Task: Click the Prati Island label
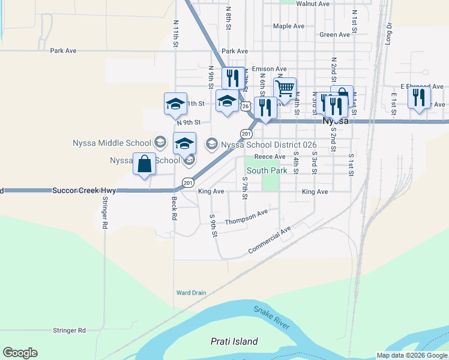pos(234,341)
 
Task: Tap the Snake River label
pos(271,317)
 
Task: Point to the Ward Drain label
pos(191,293)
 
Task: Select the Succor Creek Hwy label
pos(83,190)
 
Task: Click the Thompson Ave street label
pos(246,218)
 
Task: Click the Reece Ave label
pos(270,157)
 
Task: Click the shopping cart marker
pos(285,88)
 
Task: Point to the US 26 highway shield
pos(246,106)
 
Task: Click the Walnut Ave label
pos(313,4)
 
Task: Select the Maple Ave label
pos(289,26)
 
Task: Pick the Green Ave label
pos(334,35)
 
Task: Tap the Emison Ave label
pos(269,69)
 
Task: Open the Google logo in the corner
pos(20,353)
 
